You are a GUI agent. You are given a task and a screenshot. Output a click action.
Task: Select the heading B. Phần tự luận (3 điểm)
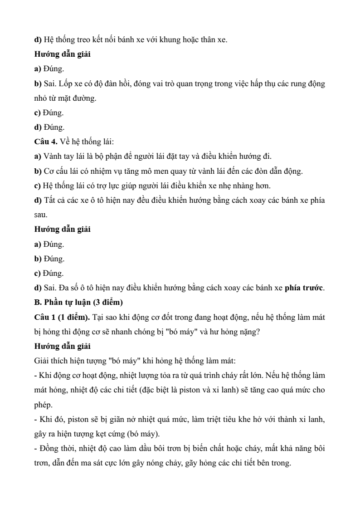[x=73, y=303]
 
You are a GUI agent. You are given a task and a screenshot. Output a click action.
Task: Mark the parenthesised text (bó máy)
[x=141, y=434]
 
